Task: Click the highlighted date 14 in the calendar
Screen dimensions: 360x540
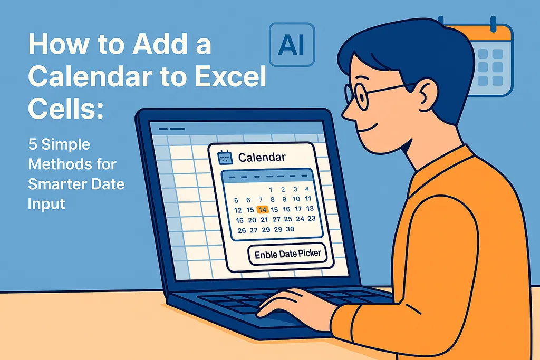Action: click(x=263, y=210)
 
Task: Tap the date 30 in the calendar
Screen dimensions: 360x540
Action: click(x=289, y=229)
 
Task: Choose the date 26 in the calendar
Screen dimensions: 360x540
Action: click(x=242, y=230)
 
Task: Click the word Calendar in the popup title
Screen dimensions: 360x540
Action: click(x=262, y=157)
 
